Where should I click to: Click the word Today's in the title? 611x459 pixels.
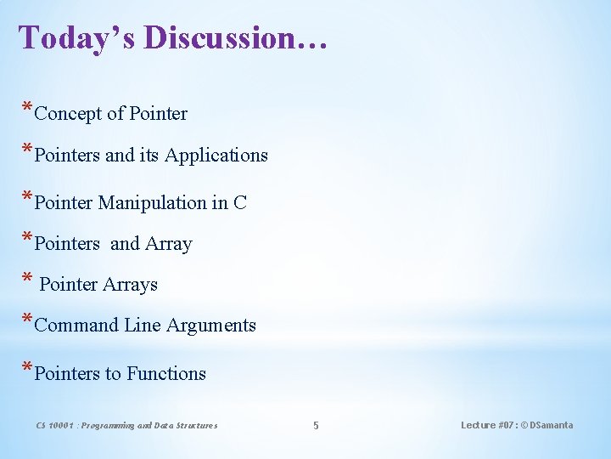click(77, 37)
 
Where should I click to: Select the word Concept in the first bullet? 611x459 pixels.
click(69, 113)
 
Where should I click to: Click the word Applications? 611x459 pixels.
click(216, 156)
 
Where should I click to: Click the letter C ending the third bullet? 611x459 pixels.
click(240, 203)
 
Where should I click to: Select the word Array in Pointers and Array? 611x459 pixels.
click(169, 244)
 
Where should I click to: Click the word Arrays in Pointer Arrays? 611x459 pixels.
click(130, 285)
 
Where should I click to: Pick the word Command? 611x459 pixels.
click(76, 326)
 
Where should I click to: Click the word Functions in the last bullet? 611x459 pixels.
click(166, 374)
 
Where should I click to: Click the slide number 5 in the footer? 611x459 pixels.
click(316, 426)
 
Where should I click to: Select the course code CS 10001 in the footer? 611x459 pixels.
click(55, 426)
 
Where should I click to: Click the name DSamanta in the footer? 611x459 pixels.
click(552, 425)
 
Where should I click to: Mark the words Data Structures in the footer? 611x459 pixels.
click(188, 426)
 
